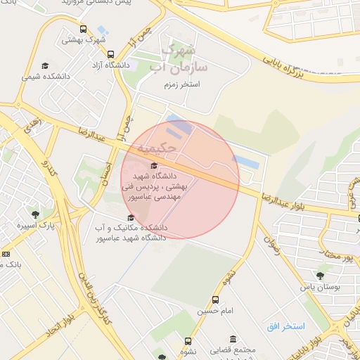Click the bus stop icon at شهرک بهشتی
click(84, 30)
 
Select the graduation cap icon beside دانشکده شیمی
click(46, 65)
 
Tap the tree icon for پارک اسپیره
click(34, 214)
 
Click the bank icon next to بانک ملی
click(6, 253)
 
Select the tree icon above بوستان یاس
click(321, 276)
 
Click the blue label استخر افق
click(286, 327)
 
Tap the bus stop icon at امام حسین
click(215, 298)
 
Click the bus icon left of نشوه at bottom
click(188, 341)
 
